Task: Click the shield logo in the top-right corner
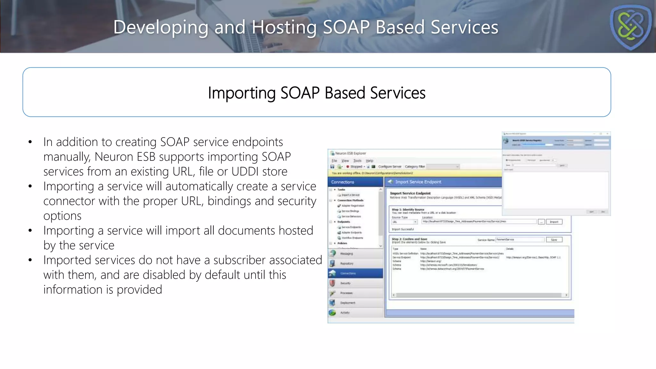coord(630,27)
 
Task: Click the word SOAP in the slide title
coord(346,27)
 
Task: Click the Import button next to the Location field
coord(554,222)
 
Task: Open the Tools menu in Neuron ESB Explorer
coord(357,161)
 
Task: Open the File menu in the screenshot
coord(334,161)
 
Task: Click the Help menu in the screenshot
coord(370,161)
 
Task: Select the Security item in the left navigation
coord(346,283)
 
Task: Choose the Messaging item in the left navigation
coord(347,254)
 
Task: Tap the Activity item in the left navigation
coord(345,313)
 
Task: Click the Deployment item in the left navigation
coord(348,303)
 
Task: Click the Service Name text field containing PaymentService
coord(520,240)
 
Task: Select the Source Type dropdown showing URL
coord(405,222)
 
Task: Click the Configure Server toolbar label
coord(389,167)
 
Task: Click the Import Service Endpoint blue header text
coord(418,182)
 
